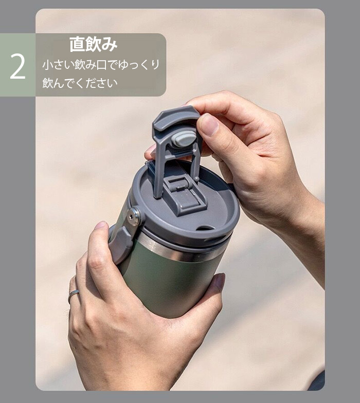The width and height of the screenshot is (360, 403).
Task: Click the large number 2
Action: point(17,66)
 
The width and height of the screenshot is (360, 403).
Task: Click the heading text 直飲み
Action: point(94,44)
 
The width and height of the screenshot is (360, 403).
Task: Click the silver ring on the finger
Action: point(73,296)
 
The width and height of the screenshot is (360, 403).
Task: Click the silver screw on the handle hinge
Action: point(133,217)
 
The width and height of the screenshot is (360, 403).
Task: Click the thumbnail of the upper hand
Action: point(208,124)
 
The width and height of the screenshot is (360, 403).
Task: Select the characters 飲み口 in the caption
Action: point(91,65)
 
